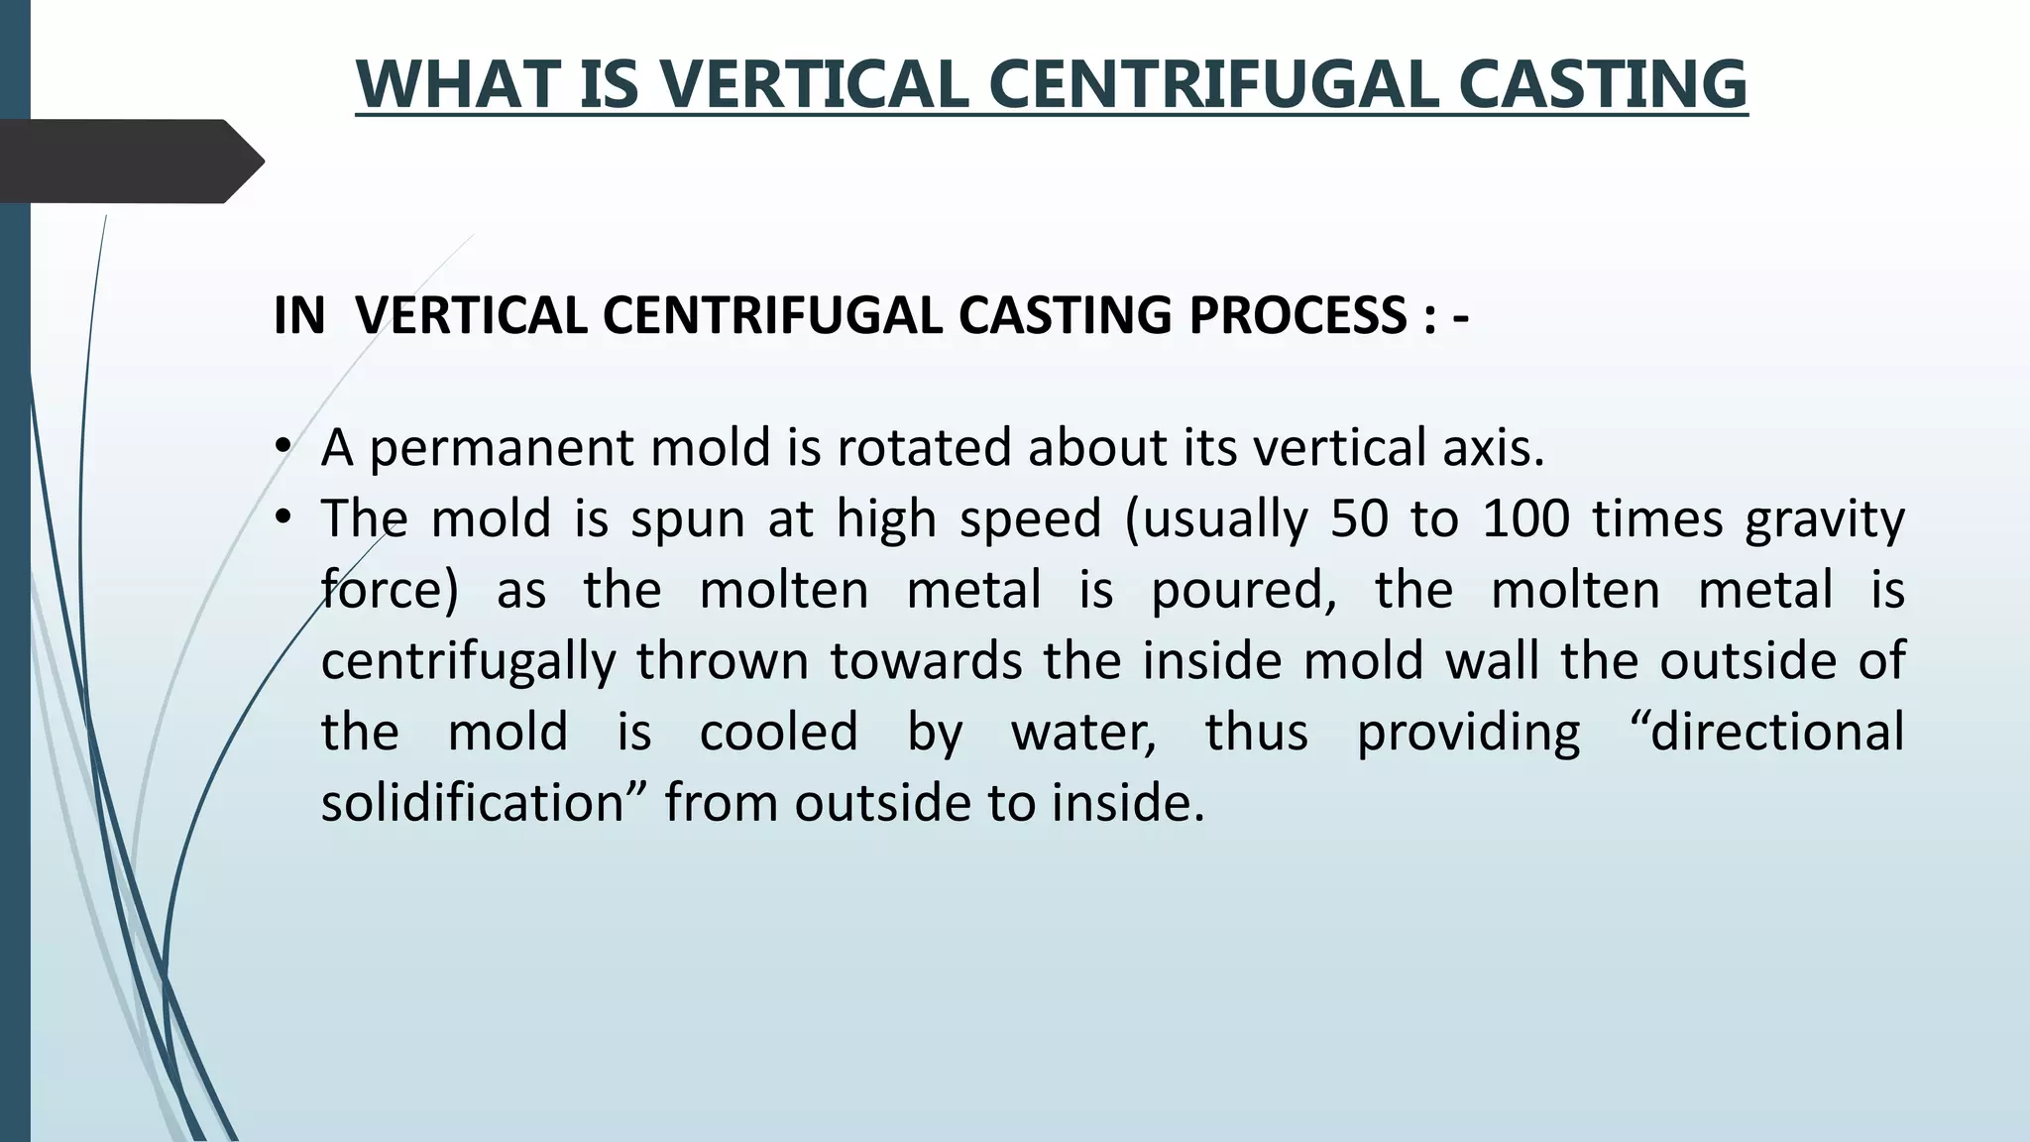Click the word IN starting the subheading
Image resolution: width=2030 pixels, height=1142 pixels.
(x=299, y=316)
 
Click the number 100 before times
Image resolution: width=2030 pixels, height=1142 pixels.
(x=1525, y=518)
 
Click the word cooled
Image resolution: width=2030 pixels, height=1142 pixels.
(x=778, y=733)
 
